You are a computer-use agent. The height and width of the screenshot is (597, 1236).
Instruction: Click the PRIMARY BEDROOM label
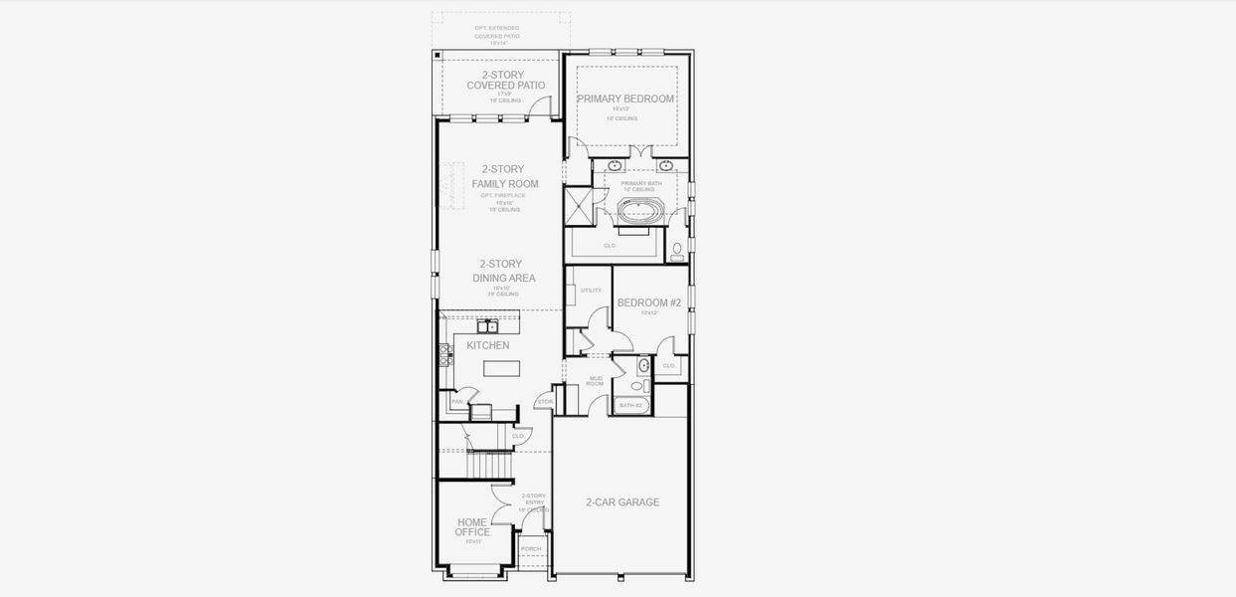coord(625,99)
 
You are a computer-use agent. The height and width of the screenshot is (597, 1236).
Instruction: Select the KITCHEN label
coord(487,345)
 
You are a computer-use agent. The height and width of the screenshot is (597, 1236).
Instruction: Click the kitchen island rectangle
coord(501,368)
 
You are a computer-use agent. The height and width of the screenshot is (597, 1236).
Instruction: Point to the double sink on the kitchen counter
coord(487,325)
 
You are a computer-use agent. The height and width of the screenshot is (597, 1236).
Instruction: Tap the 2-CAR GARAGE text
coord(622,502)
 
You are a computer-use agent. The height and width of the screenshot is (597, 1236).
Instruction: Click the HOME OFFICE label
coord(472,527)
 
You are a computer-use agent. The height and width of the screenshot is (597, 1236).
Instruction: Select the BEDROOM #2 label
coord(648,302)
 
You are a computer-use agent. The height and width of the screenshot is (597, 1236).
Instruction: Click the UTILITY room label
coord(591,291)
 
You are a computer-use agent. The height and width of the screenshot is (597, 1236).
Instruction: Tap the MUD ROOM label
coord(596,380)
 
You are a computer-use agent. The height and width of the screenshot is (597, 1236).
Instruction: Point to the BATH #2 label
coord(631,405)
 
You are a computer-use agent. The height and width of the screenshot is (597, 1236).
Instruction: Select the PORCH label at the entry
coord(532,548)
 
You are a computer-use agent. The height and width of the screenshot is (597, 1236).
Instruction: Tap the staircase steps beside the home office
coord(490,464)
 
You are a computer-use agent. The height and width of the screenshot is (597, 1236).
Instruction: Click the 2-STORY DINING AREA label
coord(503,271)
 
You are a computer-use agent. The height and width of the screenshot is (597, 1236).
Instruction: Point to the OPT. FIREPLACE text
coord(502,195)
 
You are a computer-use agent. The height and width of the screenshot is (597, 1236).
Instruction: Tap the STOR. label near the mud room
coord(544,402)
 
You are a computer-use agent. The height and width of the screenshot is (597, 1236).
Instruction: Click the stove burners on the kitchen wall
coord(445,354)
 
